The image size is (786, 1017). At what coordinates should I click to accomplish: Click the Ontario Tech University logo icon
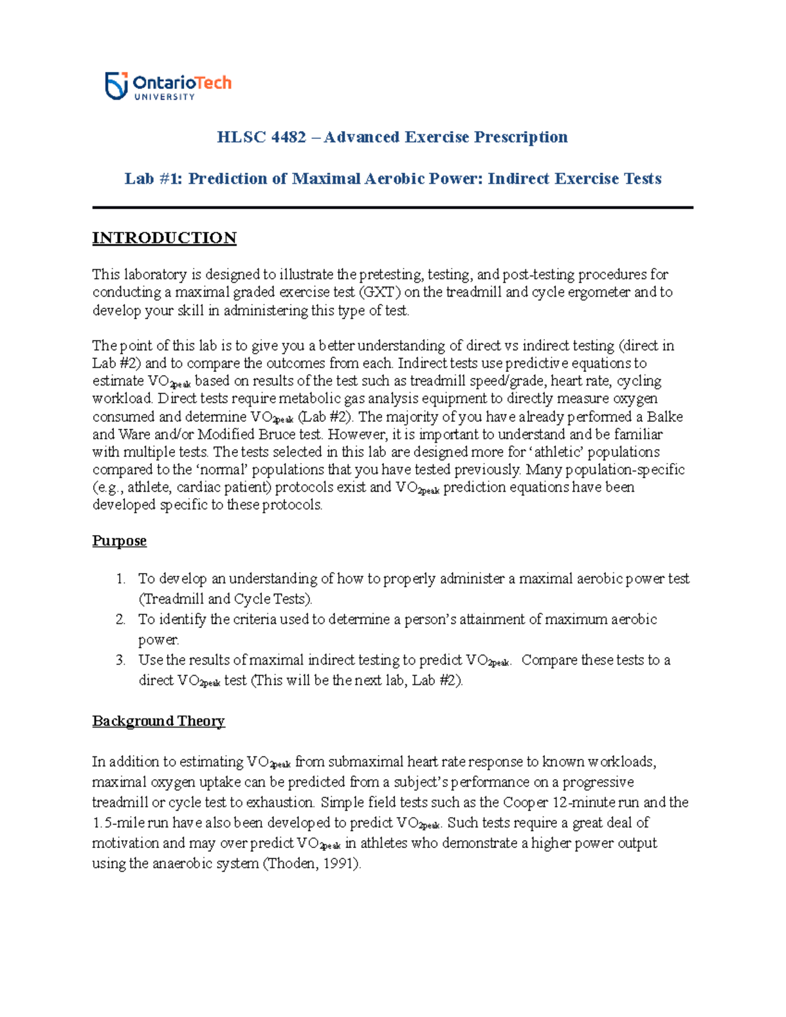pos(116,86)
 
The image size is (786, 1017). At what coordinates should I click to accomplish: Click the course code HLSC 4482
pos(261,137)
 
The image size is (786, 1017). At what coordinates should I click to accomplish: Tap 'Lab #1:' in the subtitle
pos(154,179)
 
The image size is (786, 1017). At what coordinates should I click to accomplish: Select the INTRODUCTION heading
pos(164,238)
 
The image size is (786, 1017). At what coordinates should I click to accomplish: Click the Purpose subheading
pos(119,541)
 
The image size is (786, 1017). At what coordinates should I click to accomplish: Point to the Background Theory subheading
pos(159,721)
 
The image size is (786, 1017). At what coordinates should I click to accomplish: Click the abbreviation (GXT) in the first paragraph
pos(379,292)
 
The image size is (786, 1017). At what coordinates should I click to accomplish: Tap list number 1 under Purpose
pos(120,579)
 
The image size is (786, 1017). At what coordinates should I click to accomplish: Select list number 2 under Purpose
pos(120,619)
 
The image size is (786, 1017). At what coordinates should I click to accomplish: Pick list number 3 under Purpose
pos(120,660)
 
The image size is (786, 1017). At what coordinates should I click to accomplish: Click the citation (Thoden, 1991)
pos(312,864)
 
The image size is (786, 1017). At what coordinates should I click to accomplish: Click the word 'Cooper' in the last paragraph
pos(525,803)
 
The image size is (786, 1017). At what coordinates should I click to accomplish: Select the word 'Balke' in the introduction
pos(664,417)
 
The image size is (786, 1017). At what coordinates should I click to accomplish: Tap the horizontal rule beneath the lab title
pos(392,208)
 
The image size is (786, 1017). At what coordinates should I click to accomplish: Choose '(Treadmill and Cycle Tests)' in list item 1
pos(225,599)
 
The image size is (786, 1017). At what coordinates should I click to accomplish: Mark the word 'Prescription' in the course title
pos(521,137)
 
